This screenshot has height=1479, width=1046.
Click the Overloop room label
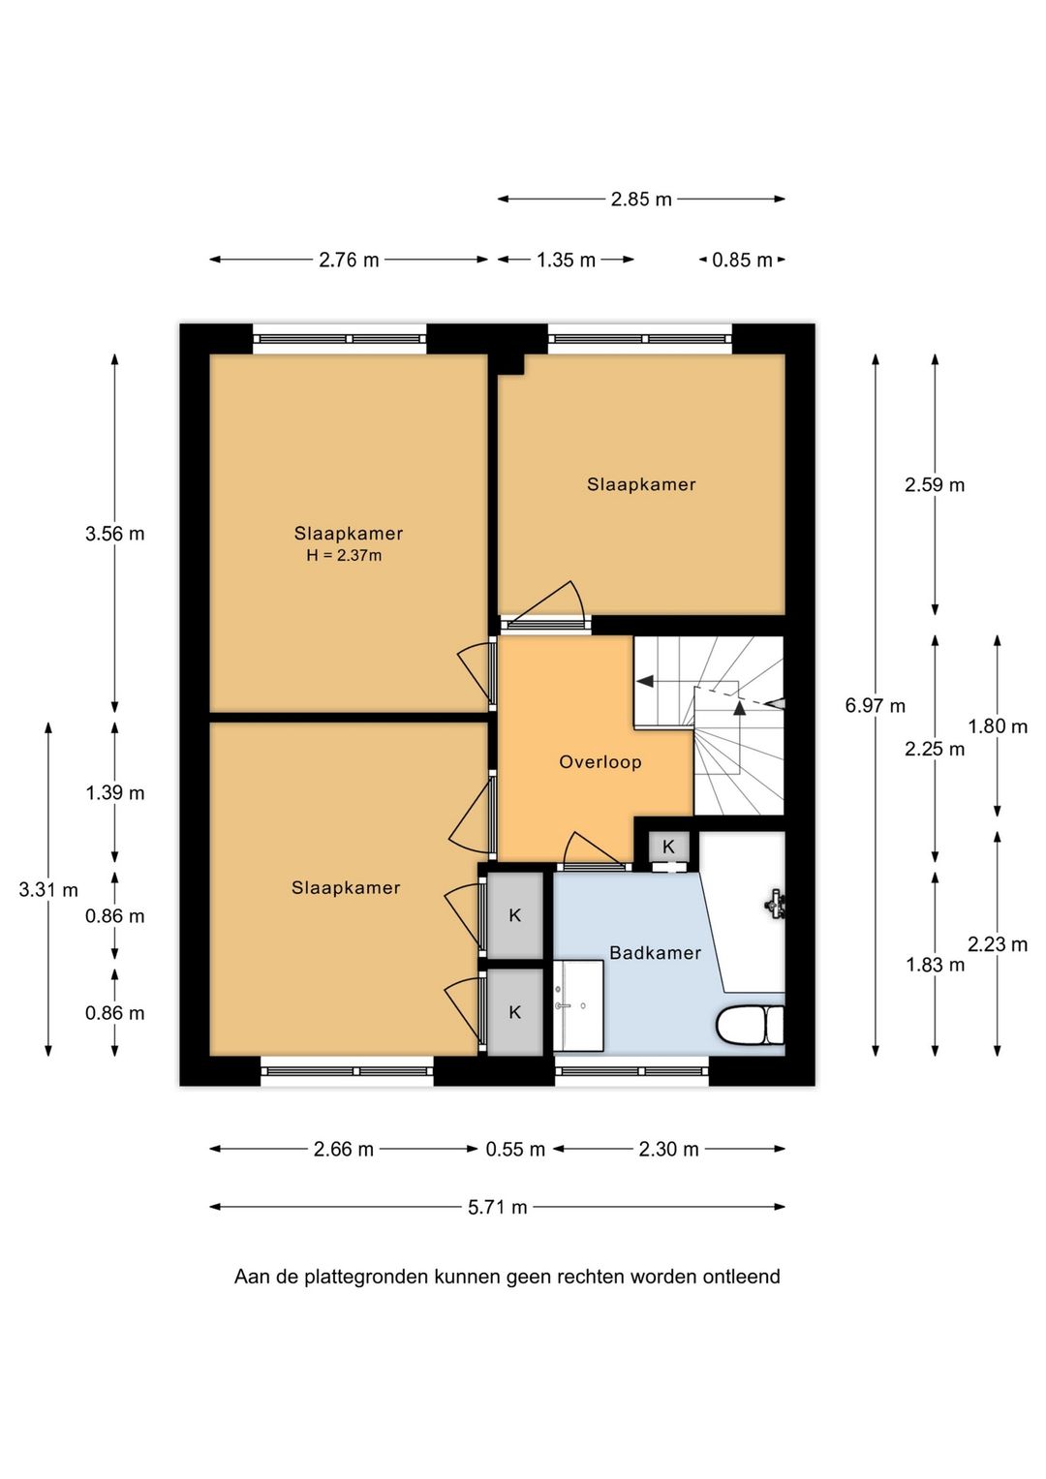point(600,762)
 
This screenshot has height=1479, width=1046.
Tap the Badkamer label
point(655,953)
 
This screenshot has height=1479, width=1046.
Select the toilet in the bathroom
point(751,1025)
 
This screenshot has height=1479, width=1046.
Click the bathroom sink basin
point(578,1005)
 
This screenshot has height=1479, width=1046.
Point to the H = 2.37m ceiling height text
point(344,555)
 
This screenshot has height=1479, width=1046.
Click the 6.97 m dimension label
point(875,706)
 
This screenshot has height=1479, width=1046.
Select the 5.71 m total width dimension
point(497,1208)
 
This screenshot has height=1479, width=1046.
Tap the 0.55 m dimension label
point(515,1150)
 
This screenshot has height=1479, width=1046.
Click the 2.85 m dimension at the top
point(640,200)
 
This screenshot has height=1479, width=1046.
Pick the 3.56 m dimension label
point(115,534)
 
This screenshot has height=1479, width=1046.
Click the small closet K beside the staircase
point(668,847)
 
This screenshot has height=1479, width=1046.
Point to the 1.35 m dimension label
point(566,261)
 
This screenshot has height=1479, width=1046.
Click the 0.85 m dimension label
point(742,261)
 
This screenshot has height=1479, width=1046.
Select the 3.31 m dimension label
point(48,890)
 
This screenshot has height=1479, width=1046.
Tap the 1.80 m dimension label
point(998,727)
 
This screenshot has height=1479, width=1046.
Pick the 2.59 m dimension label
point(935,485)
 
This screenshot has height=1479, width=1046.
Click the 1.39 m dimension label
point(115,793)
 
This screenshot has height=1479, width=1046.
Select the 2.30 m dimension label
point(668,1150)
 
